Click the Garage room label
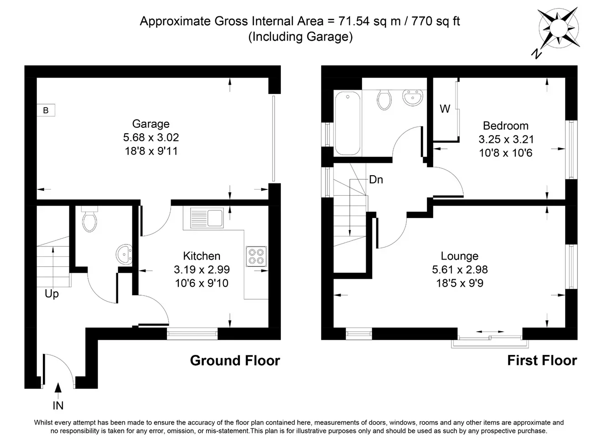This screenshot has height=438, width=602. pos(151,124)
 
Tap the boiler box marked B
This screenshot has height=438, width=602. pos(46,110)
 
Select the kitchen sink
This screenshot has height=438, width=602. pos(207,218)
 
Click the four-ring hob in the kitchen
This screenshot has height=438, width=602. pos(256,256)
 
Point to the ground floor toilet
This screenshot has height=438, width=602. pos(89,219)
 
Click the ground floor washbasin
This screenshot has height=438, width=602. pos(124,254)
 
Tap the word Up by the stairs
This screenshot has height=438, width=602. pos(52,294)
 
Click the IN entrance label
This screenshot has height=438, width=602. pos(58,406)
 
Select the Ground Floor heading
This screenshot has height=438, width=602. pos(235,360)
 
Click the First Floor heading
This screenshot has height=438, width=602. pos(542,360)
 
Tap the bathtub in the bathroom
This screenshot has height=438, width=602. pos(348,123)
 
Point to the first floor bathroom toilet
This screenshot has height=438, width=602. pos(384,99)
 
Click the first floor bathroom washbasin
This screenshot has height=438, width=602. pos(413,98)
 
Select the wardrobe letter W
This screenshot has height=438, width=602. pos(445,109)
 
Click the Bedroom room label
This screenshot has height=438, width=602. pos(505,126)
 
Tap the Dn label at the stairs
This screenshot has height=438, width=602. pos(376,180)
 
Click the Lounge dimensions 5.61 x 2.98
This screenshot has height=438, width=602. pos(460,269)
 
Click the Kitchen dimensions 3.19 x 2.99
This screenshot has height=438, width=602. pos(202,269)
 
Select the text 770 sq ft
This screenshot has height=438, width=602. pos(436,21)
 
